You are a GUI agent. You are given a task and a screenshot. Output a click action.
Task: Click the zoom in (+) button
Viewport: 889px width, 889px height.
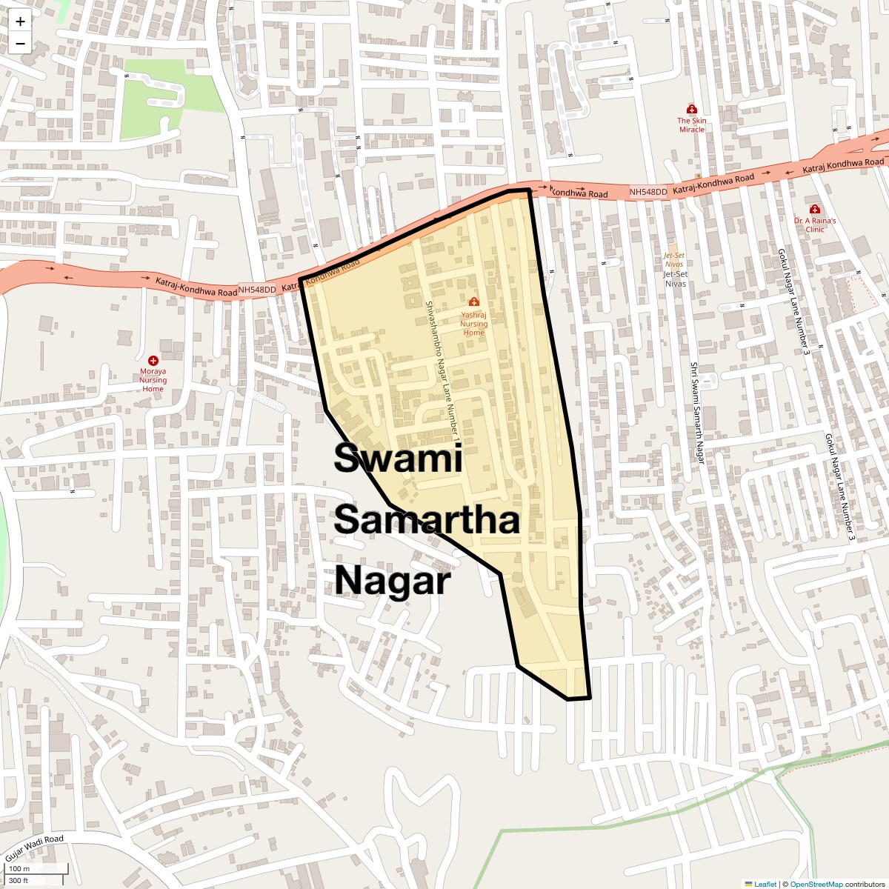(20, 21)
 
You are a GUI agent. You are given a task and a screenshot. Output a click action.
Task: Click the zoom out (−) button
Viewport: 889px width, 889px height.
(20, 43)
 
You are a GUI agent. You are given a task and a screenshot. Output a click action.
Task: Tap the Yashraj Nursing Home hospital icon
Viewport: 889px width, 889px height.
(474, 302)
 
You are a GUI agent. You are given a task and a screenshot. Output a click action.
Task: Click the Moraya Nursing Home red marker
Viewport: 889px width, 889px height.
(153, 360)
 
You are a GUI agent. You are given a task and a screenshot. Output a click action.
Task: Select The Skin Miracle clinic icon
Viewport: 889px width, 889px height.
(692, 109)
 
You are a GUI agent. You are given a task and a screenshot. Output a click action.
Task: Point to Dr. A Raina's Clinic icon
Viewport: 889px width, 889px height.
(815, 210)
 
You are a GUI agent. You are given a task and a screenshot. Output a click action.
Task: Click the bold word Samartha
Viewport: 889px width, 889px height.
(427, 520)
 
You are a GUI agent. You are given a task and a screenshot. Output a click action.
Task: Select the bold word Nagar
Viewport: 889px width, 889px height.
(393, 581)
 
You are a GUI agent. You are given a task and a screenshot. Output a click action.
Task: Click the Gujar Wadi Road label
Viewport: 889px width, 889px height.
(35, 849)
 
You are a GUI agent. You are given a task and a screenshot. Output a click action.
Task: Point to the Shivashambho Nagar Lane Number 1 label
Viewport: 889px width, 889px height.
(443, 370)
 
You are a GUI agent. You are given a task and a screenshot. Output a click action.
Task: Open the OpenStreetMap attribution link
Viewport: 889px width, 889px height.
(816, 884)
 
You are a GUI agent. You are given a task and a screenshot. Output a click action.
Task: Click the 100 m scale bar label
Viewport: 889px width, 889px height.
(19, 868)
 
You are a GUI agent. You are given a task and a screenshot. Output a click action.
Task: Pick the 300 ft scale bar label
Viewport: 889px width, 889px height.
(19, 880)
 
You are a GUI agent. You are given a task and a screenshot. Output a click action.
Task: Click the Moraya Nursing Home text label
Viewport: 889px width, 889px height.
(153, 380)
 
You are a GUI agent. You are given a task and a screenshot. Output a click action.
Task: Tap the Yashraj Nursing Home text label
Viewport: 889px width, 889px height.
(474, 324)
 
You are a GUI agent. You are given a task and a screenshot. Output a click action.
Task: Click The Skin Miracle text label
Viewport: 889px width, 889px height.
(692, 125)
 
